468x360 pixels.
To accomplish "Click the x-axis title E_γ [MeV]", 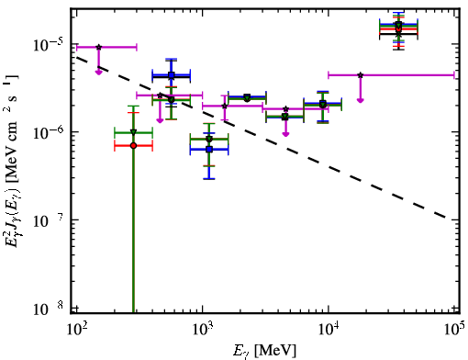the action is pos(264,350).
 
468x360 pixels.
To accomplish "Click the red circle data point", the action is pos(133,146).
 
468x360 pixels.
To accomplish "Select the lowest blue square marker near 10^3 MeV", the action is pos(209,150).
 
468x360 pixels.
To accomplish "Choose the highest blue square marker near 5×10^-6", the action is pos(172,75).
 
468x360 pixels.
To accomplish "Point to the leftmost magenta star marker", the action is pos(98,47).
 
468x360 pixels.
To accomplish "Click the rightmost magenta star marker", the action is pos(361,75).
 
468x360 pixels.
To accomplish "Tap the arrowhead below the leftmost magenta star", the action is pos(98,73).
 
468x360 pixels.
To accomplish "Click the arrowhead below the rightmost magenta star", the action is pos(361,100).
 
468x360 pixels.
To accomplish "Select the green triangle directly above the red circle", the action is pos(133,132).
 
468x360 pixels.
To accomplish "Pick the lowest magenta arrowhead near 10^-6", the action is pos(285,134).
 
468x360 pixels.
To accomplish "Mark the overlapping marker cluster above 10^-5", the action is pos(398,28).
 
